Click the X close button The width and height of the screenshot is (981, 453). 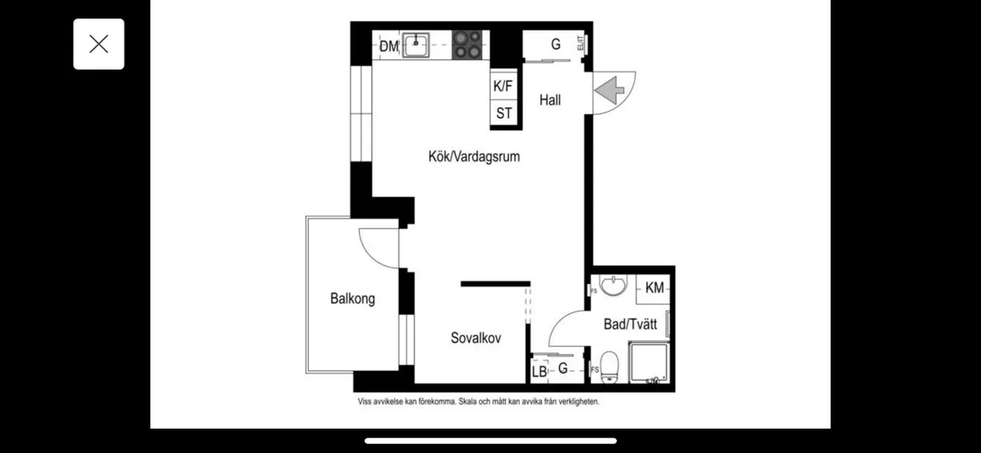pos(98,44)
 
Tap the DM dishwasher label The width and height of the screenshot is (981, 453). pos(388,47)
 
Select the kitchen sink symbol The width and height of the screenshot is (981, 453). pos(417,45)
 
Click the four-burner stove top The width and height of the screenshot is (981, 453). pos(467,45)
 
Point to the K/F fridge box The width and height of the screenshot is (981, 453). pos(504,86)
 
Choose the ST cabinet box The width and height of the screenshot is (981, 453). pos(504,114)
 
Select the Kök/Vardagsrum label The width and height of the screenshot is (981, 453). pos(474,156)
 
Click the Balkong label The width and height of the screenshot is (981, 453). pos(352,298)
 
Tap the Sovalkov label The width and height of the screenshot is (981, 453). pos(475,338)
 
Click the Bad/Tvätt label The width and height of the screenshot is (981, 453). pos(630,325)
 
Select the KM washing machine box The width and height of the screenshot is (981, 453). pos(654,288)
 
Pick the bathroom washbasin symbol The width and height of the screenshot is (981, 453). pos(613,286)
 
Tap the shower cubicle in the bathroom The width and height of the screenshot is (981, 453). pos(647,362)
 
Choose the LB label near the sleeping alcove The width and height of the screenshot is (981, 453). pos(540,372)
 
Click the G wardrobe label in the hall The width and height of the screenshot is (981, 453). pos(556,45)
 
